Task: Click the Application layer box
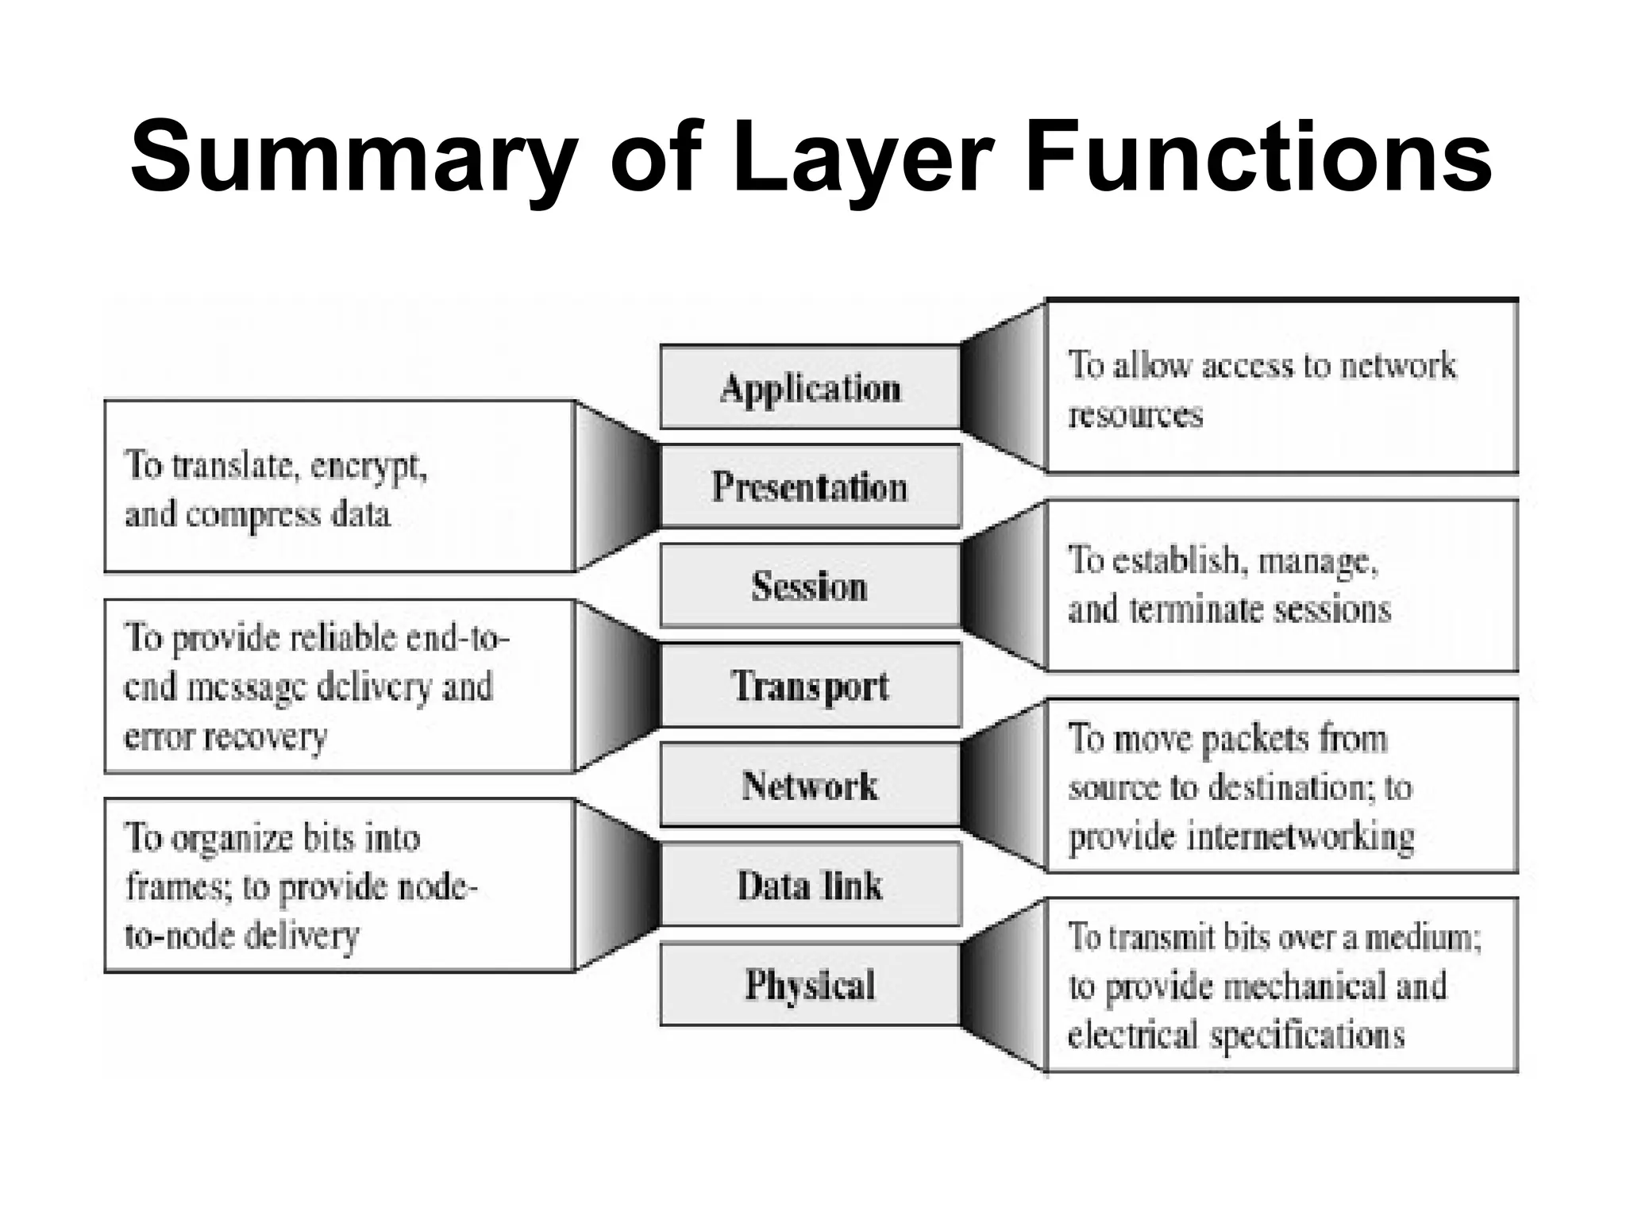[x=810, y=388]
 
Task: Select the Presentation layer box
[x=810, y=486]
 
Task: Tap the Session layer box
[x=810, y=586]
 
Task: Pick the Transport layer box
[x=810, y=686]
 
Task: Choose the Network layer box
[x=810, y=786]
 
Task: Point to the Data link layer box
[x=810, y=885]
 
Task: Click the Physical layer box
[x=810, y=985]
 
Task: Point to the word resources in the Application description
[x=1135, y=415]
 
